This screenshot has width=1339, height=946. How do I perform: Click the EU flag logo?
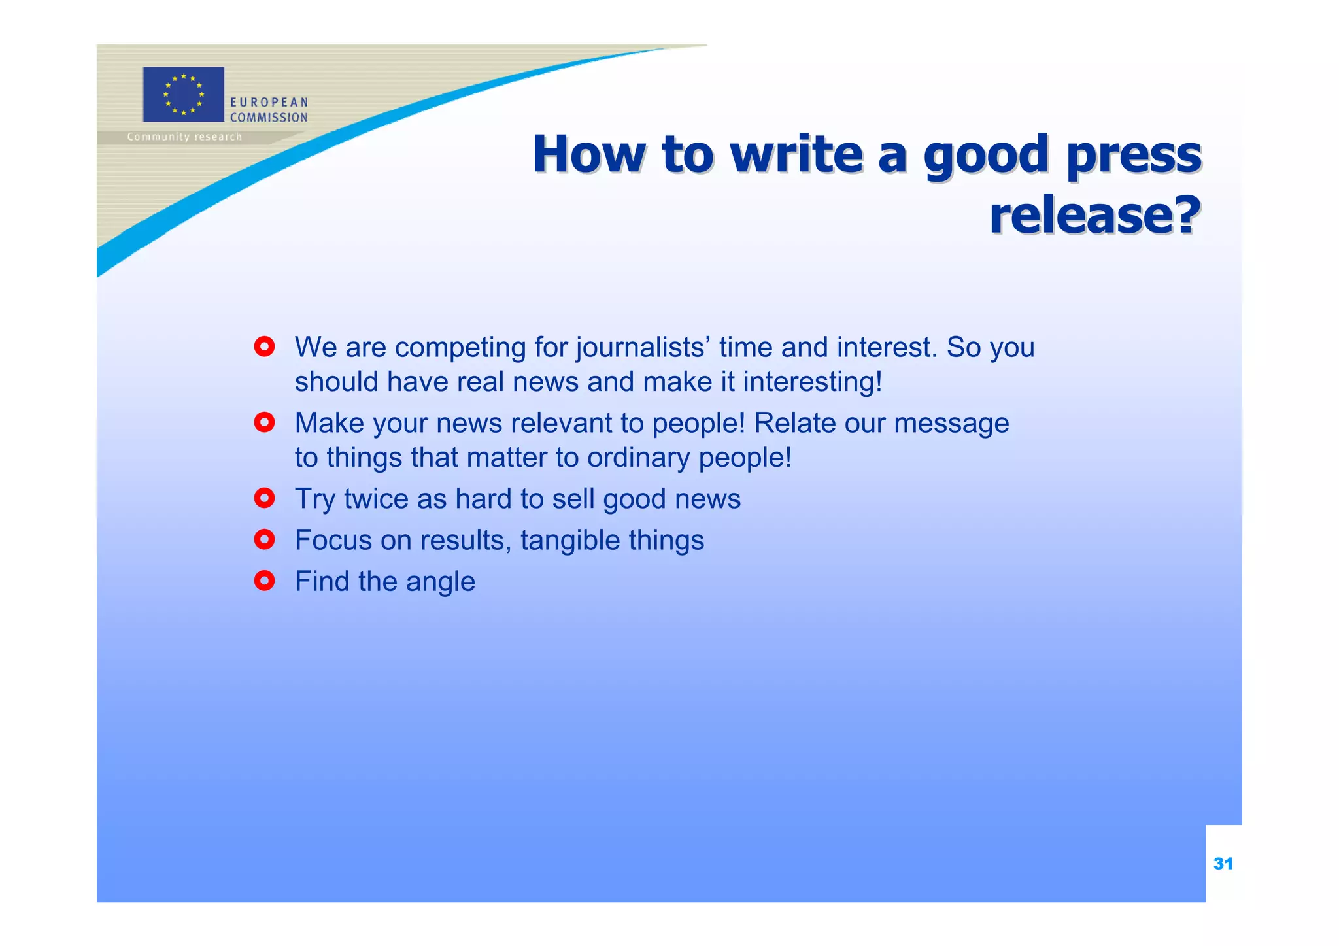[x=183, y=94]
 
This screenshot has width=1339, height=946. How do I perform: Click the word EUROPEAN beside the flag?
[x=269, y=103]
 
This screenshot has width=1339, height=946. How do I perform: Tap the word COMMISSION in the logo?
[x=269, y=118]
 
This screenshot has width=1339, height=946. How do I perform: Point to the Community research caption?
[x=184, y=137]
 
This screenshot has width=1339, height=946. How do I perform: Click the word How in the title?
[x=588, y=155]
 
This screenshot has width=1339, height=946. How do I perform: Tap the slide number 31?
[x=1223, y=864]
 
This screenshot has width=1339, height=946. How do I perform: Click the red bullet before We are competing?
[x=264, y=346]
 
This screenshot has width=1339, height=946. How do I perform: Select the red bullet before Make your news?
[x=264, y=422]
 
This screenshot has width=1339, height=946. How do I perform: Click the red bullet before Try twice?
[x=264, y=498]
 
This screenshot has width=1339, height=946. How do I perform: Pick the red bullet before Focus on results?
[x=264, y=539]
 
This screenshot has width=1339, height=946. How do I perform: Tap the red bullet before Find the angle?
[x=264, y=581]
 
